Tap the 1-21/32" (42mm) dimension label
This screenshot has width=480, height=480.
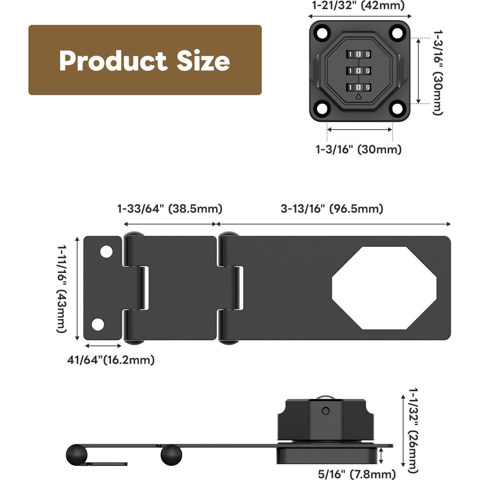tap(358, 6)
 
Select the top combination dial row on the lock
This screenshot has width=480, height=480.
tap(359, 54)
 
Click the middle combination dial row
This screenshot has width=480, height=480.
tap(359, 71)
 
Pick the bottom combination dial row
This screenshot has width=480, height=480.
tap(359, 87)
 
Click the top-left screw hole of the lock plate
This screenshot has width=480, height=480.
tap(322, 33)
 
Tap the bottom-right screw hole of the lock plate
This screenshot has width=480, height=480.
tap(397, 108)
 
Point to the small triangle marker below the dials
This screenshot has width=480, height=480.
tap(358, 97)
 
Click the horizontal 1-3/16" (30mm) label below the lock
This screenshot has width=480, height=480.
tap(358, 149)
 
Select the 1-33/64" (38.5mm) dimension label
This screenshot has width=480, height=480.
tap(169, 209)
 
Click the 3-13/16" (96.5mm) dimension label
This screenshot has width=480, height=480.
tap(332, 209)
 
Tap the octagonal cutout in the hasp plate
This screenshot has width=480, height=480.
tap(384, 288)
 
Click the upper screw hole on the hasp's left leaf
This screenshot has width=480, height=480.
tap(106, 252)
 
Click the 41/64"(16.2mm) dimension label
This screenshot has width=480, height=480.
tap(111, 360)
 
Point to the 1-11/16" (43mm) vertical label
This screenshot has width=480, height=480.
tap(62, 288)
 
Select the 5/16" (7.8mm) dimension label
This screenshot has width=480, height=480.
tap(356, 474)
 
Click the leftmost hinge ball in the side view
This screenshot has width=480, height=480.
tap(76, 455)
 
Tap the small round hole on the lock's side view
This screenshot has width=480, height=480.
tap(326, 411)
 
